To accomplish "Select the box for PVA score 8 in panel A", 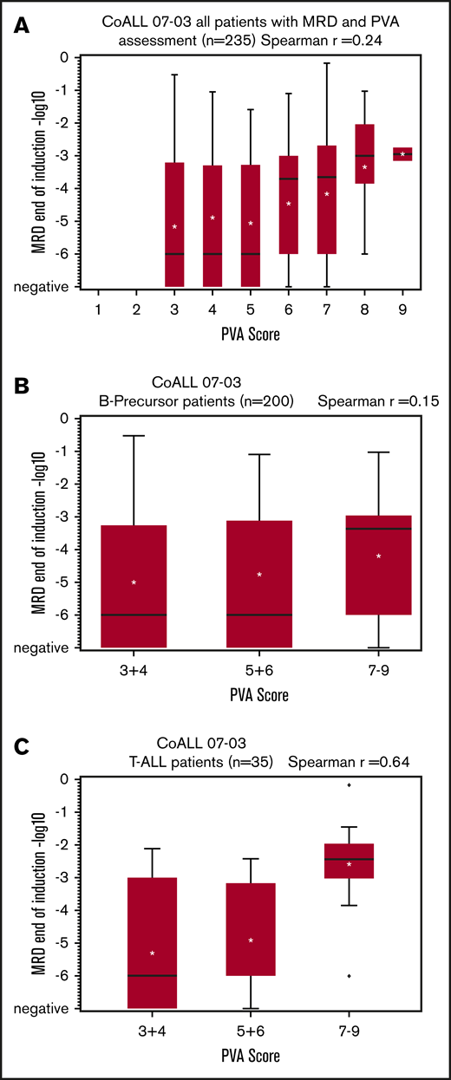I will pos(365,153).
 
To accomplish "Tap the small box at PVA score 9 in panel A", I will pos(402,154).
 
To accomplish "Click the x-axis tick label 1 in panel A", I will pos(99,309).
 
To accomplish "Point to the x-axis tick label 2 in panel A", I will pos(137,309).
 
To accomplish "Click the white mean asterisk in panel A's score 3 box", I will pos(174,227).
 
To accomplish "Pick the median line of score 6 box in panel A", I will pos(289,179).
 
